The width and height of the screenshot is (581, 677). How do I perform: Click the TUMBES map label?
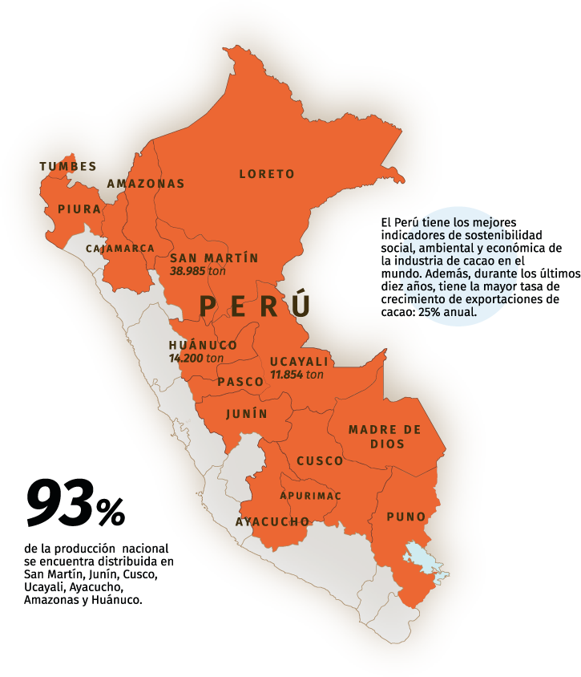tap(67, 166)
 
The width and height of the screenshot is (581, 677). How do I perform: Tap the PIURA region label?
tap(79, 209)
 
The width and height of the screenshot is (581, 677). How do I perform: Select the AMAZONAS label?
tap(146, 183)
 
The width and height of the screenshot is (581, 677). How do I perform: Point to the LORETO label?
tap(267, 173)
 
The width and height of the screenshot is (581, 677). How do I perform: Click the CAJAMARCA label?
tap(120, 249)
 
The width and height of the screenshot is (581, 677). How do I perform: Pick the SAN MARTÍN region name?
tap(214, 258)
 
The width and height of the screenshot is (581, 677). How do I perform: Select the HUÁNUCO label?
tap(203, 345)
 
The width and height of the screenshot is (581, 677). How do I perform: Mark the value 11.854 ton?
tap(297, 374)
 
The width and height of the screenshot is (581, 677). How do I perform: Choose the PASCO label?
tap(240, 382)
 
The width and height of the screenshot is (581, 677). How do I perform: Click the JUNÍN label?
tap(246, 414)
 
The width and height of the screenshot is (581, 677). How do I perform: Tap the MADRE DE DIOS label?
tap(384, 437)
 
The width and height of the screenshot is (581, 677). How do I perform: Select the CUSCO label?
tap(320, 461)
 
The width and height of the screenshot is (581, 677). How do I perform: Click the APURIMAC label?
tap(310, 496)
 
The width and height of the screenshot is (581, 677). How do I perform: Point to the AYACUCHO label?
tap(272, 522)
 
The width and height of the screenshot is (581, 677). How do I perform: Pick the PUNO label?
tap(405, 517)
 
